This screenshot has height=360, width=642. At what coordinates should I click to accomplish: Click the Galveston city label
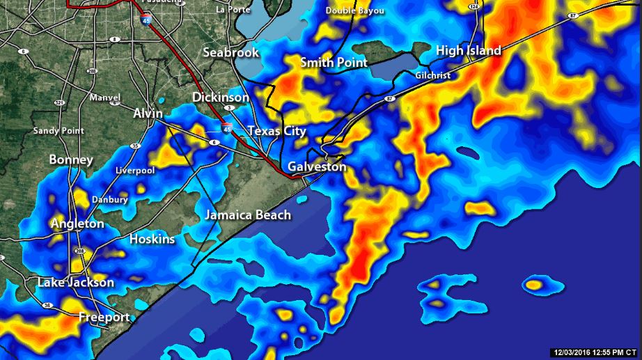pyautogui.click(x=317, y=167)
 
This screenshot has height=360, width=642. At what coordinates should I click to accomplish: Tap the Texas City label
pyautogui.click(x=276, y=132)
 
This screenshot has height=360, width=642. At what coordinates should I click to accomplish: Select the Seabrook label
pyautogui.click(x=230, y=53)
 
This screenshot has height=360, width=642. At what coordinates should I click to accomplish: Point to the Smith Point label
pyautogui.click(x=334, y=63)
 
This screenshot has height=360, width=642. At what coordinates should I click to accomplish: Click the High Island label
pyautogui.click(x=468, y=51)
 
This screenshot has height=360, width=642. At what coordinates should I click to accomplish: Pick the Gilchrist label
pyautogui.click(x=432, y=75)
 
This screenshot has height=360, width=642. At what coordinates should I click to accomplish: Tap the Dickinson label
pyautogui.click(x=220, y=97)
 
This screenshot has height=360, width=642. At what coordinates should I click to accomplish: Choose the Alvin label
pyautogui.click(x=148, y=114)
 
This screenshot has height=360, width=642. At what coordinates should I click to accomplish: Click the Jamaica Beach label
pyautogui.click(x=248, y=215)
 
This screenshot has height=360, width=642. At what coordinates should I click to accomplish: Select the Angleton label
pyautogui.click(x=77, y=224)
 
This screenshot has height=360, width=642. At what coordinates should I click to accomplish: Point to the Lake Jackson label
pyautogui.click(x=76, y=283)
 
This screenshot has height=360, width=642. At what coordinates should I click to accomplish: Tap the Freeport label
pyautogui.click(x=104, y=318)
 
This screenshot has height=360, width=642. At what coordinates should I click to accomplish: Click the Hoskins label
pyautogui.click(x=152, y=240)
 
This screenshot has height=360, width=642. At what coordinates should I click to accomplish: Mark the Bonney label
pyautogui.click(x=71, y=160)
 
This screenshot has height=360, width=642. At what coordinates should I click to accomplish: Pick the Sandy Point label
pyautogui.click(x=58, y=131)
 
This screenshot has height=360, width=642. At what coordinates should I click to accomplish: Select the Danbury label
pyautogui.click(x=110, y=200)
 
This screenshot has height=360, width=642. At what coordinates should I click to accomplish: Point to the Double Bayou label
pyautogui.click(x=354, y=11)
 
